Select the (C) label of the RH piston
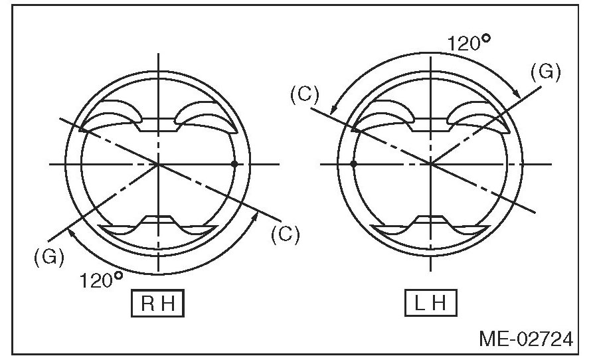click(x=286, y=234)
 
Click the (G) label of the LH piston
click(x=546, y=72)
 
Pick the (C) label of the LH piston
click(x=304, y=94)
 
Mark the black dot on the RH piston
click(x=234, y=163)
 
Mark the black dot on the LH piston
click(x=353, y=163)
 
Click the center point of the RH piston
click(x=158, y=163)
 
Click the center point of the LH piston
click(x=430, y=163)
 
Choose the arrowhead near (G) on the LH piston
click(x=516, y=96)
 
